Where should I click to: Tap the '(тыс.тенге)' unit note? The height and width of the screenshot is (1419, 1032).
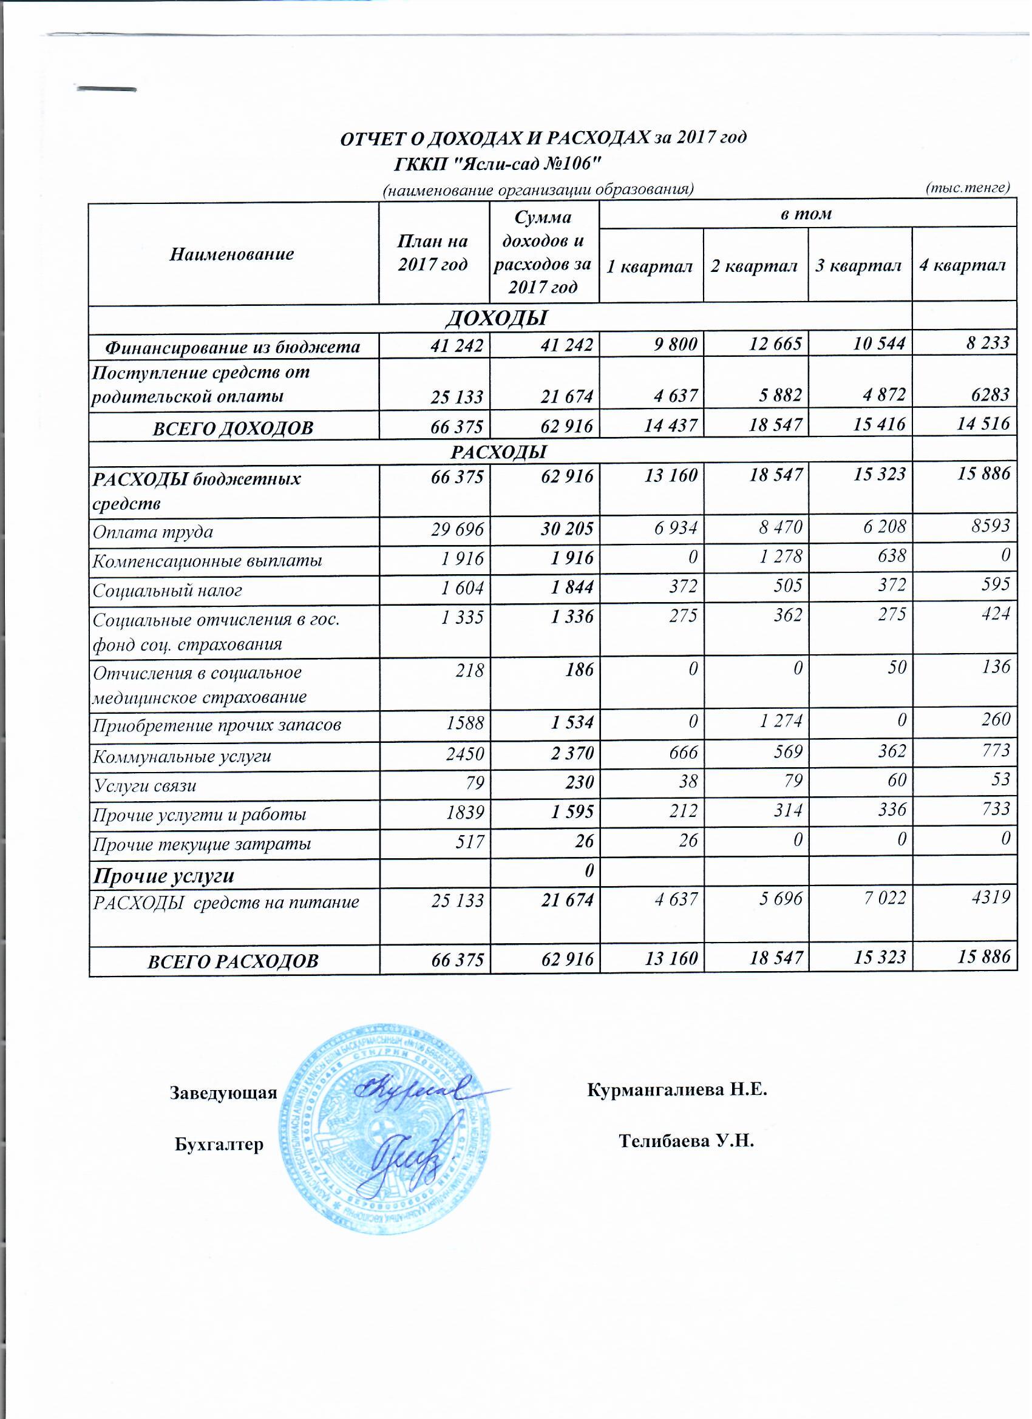pyautogui.click(x=968, y=188)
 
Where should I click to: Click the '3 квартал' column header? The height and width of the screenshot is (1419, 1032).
pyautogui.click(x=858, y=266)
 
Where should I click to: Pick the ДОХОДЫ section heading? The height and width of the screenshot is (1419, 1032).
pyautogui.click(x=497, y=319)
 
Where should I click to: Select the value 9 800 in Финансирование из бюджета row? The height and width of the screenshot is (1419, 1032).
pyautogui.click(x=675, y=344)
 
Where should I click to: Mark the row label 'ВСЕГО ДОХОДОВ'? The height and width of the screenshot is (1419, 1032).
pyautogui.click(x=233, y=428)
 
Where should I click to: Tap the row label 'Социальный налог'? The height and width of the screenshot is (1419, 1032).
pyautogui.click(x=168, y=591)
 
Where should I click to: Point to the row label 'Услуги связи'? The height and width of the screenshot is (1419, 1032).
pyautogui.click(x=144, y=785)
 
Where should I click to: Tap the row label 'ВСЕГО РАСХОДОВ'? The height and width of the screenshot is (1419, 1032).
pyautogui.click(x=233, y=961)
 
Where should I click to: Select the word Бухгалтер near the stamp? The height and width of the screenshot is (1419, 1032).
pyautogui.click(x=219, y=1144)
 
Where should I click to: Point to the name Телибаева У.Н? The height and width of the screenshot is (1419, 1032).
pyautogui.click(x=687, y=1141)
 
